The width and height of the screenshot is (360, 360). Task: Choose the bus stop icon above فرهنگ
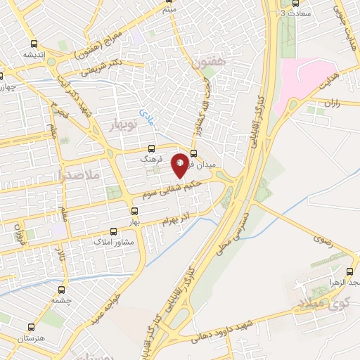[151, 149]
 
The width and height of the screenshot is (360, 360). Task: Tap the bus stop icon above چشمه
[63, 289]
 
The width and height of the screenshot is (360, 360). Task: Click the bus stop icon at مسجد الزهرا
[349, 271]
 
